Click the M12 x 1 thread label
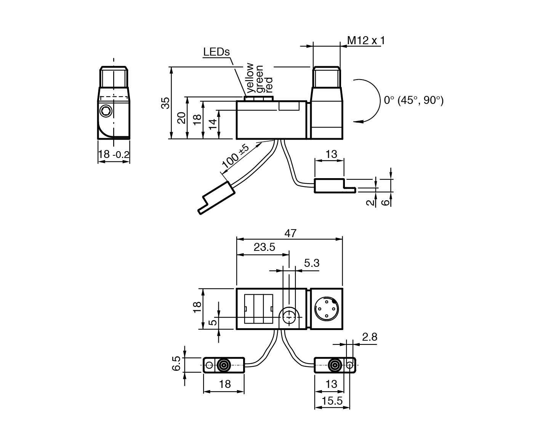365,40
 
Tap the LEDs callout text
216,52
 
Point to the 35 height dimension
165,103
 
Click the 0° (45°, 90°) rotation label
413,100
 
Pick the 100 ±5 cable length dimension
235,156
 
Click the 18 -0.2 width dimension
114,155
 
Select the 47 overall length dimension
290,233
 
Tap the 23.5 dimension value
264,247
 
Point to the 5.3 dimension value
311,263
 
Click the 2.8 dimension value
369,337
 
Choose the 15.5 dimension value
332,401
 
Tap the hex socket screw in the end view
106,111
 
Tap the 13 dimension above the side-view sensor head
332,154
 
